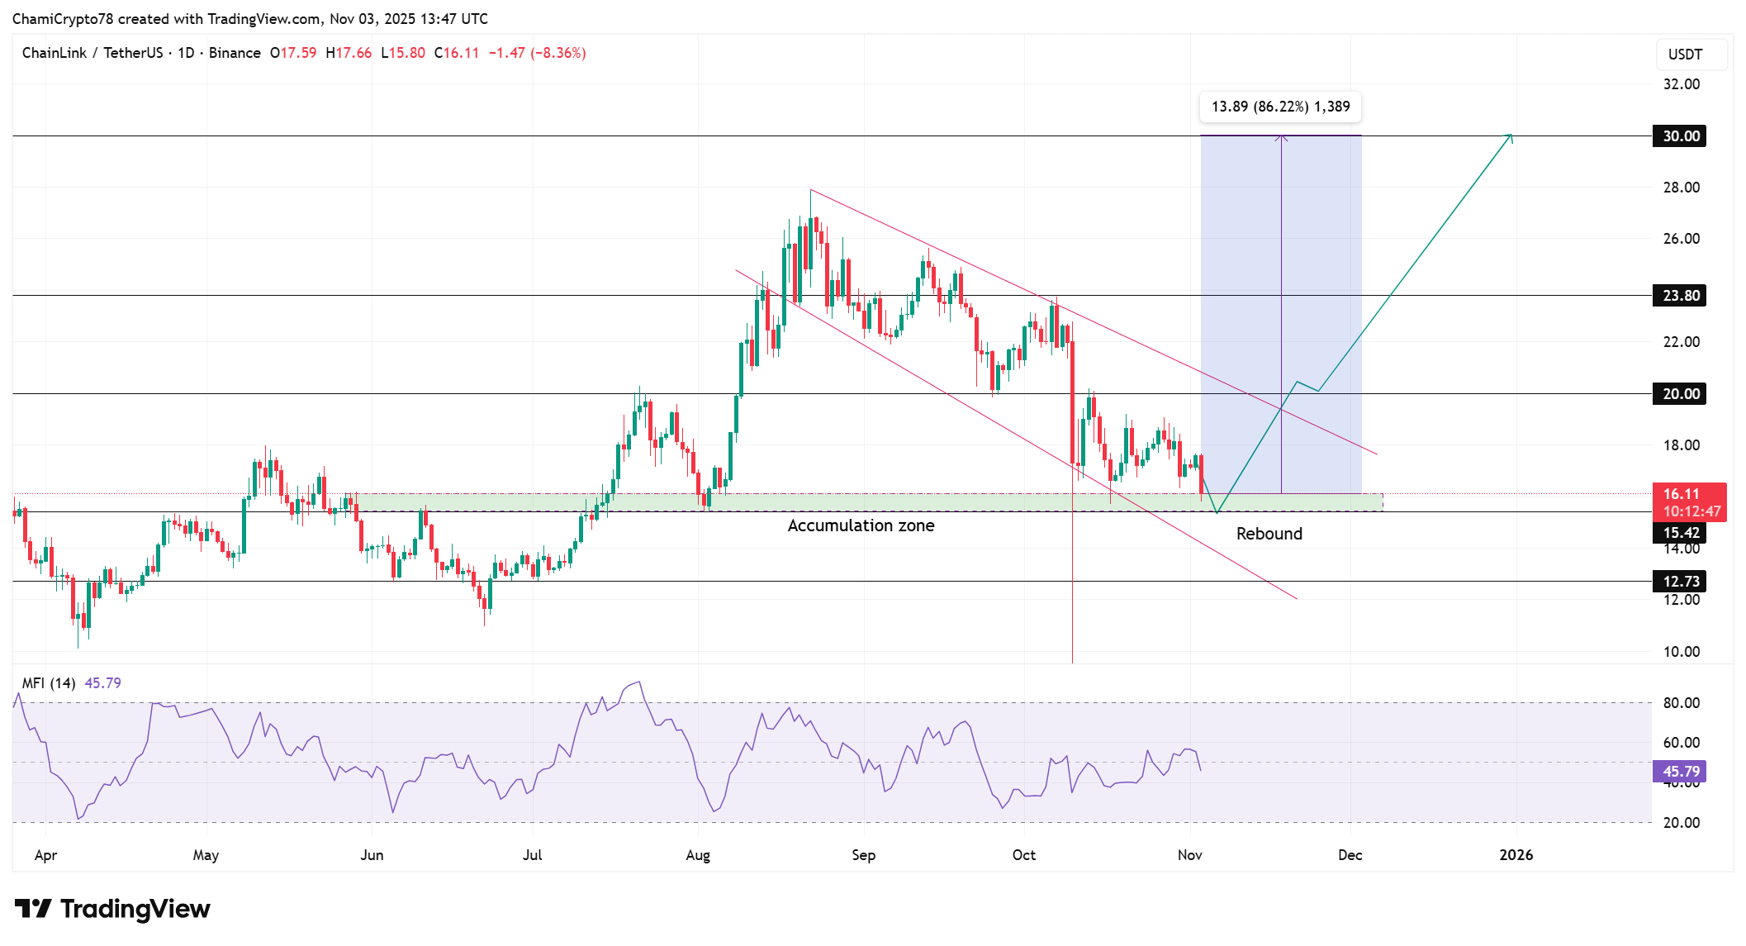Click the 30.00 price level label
[x=1680, y=136]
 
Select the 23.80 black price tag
[x=1680, y=296]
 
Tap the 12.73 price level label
[x=1680, y=582]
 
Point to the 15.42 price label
[x=1680, y=533]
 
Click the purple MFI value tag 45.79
[x=1680, y=772]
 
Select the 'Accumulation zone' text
[x=861, y=525]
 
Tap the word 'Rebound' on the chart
[x=1269, y=534]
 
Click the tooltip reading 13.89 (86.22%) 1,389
[x=1280, y=107]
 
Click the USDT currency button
[x=1685, y=55]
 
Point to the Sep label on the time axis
[x=863, y=855]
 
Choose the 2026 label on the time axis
[x=1516, y=855]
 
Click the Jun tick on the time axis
[x=372, y=855]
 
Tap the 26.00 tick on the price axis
[x=1681, y=239]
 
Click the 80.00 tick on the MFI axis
[x=1681, y=703]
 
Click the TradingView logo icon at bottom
[x=34, y=909]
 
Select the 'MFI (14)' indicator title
[x=49, y=683]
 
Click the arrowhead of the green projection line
[x=1511, y=136]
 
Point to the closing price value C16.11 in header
[x=457, y=53]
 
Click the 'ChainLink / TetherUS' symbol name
[x=93, y=53]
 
